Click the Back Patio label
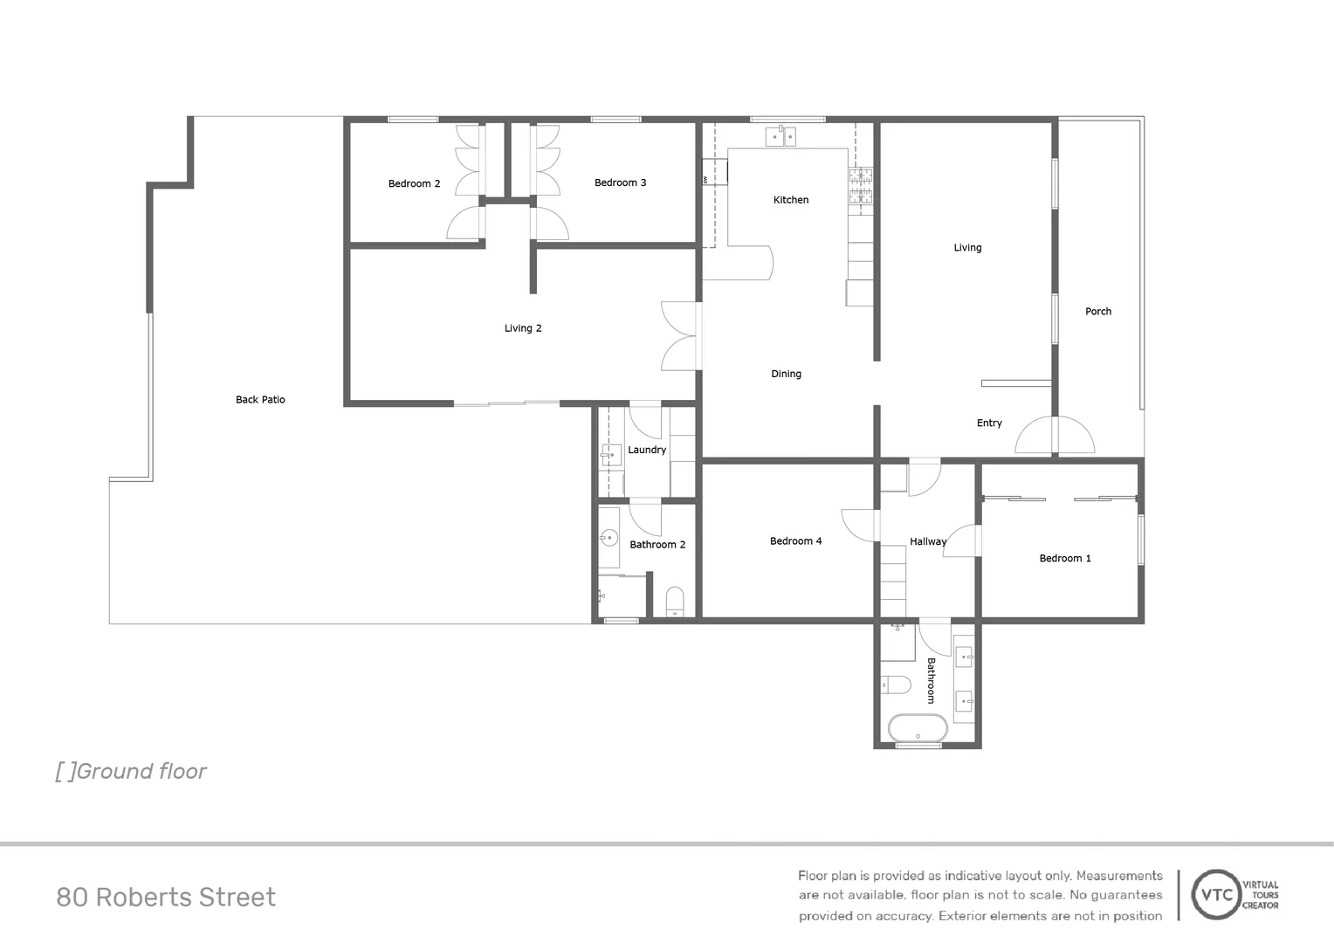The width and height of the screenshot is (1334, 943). (260, 400)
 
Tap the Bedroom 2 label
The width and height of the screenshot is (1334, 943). (414, 184)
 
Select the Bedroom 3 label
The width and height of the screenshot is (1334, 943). (620, 182)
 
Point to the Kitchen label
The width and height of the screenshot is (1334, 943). (791, 200)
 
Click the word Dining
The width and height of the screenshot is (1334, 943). (786, 374)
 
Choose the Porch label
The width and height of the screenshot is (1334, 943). (1098, 312)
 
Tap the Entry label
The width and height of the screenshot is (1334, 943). (989, 423)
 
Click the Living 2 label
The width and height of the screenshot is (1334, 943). (523, 328)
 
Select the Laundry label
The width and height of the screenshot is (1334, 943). (647, 451)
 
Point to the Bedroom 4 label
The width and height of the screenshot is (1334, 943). (795, 541)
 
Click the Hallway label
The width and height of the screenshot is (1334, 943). (928, 542)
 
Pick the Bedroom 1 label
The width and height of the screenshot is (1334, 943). (1065, 559)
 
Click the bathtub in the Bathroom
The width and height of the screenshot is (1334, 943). (918, 727)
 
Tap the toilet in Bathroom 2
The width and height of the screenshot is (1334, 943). (675, 602)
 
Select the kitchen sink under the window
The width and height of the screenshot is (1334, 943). (780, 136)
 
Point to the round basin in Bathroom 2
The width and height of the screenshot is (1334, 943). (609, 538)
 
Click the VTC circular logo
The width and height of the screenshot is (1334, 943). (1217, 895)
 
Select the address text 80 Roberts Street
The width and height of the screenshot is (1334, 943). (166, 898)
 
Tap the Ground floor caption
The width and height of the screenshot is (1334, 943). (132, 772)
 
